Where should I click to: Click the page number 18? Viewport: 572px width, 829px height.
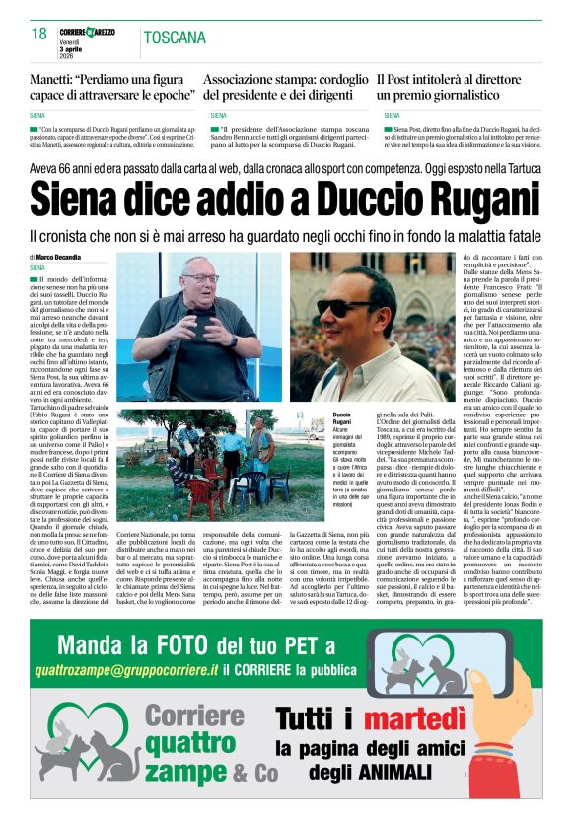[x=39, y=35]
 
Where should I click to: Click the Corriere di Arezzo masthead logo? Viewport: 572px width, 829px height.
[x=88, y=33]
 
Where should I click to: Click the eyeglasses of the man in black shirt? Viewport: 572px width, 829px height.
[x=203, y=279]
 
